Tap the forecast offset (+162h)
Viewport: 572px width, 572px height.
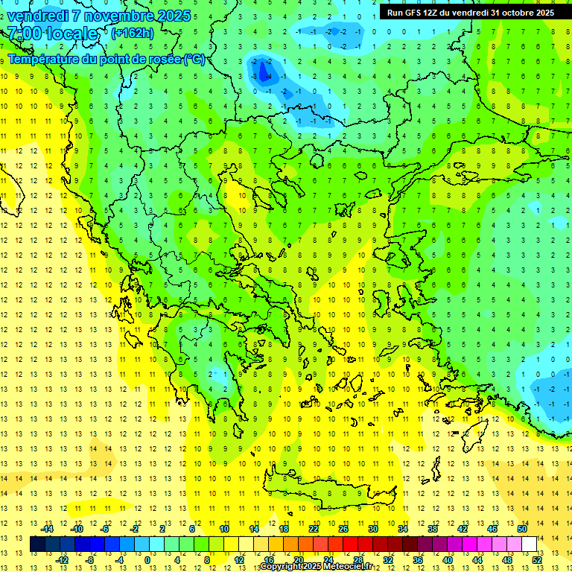coord(132,33)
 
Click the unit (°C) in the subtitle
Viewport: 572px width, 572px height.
coord(193,60)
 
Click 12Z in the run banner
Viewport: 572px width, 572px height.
coord(433,13)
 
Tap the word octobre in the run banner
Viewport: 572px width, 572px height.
coord(515,13)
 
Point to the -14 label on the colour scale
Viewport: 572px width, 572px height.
coord(47,529)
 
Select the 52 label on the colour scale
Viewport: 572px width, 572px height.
coord(537,560)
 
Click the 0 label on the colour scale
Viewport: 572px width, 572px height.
coord(147,560)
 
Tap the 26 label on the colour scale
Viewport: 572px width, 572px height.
coord(343,529)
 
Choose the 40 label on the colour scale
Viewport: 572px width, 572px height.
coord(448,560)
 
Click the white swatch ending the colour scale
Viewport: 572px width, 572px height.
coord(529,544)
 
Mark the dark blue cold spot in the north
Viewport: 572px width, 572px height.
coord(263,71)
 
